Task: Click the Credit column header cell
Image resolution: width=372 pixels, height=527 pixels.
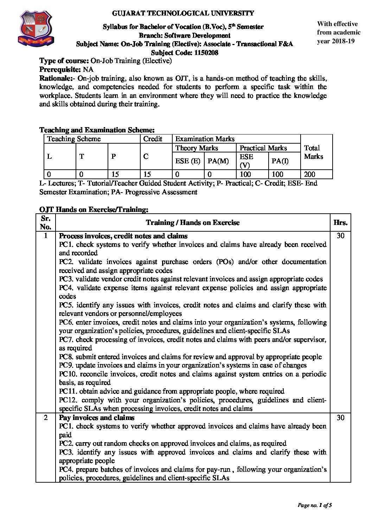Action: click(x=153, y=139)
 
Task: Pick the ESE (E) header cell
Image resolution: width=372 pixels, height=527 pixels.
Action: click(x=188, y=161)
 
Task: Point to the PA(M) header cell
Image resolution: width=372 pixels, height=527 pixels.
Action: click(x=218, y=161)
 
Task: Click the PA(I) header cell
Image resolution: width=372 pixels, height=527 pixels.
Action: click(x=280, y=161)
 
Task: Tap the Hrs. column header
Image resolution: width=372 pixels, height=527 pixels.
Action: click(x=340, y=222)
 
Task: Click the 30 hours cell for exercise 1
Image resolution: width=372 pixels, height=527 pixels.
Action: click(x=340, y=236)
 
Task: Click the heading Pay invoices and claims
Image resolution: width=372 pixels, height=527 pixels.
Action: click(x=97, y=418)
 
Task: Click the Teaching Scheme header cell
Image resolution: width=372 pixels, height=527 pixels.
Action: click(x=74, y=139)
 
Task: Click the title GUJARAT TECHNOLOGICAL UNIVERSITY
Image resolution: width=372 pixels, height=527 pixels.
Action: click(x=183, y=13)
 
